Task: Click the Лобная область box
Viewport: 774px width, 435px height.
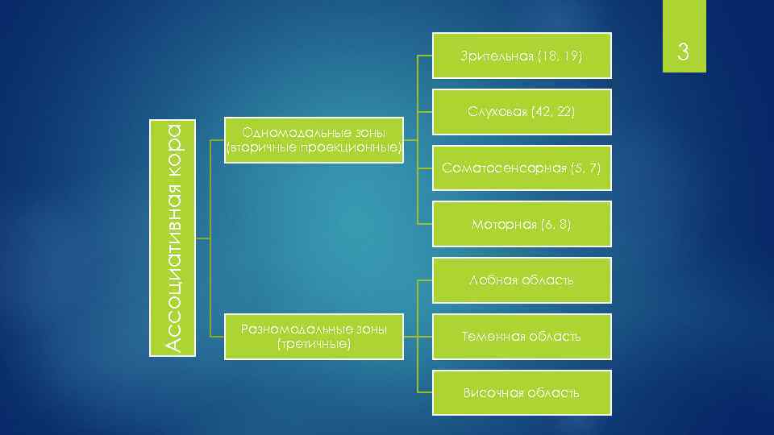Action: (x=522, y=280)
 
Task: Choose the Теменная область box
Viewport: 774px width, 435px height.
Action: (x=522, y=336)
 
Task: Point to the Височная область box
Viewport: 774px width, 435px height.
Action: (x=522, y=392)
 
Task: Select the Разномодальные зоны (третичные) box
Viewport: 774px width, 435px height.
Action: (x=314, y=336)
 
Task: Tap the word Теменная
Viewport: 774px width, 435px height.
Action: (x=493, y=336)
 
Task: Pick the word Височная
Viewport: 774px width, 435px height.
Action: (x=492, y=392)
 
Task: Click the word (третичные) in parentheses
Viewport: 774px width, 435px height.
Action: (x=314, y=344)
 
